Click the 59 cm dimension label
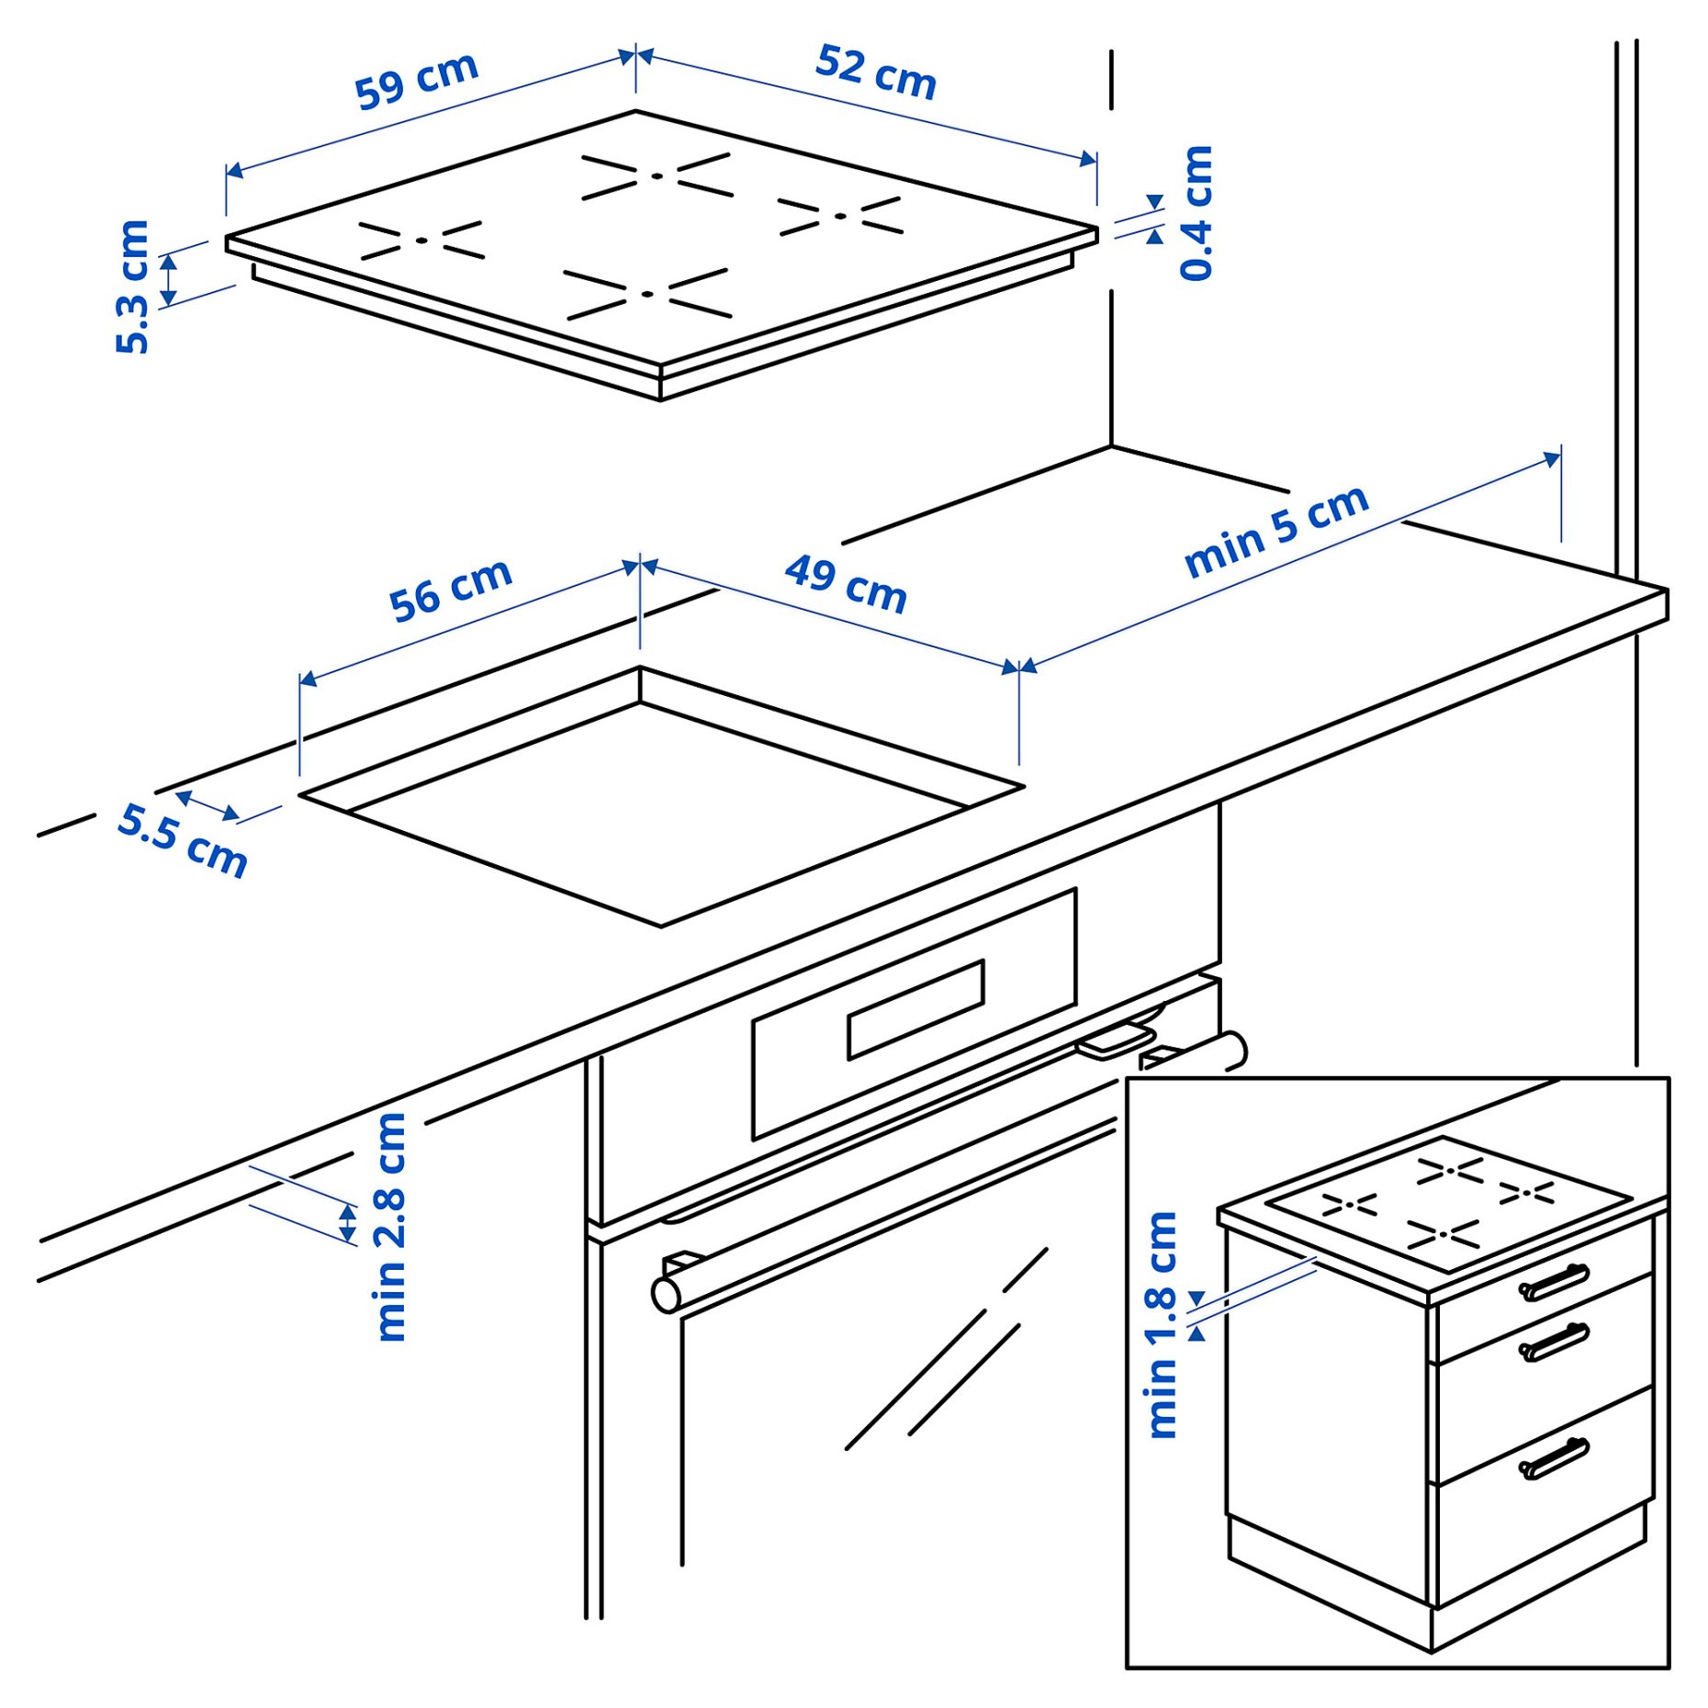[x=417, y=80]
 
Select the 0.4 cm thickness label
[x=1197, y=212]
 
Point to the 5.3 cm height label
[x=132, y=287]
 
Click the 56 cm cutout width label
[x=450, y=590]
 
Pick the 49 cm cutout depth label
[x=846, y=584]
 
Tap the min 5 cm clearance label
[x=1276, y=532]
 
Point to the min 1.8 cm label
[x=1162, y=1325]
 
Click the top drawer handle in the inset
[x=1553, y=1283]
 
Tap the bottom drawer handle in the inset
[x=1553, y=1459]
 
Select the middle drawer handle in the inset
[x=1553, y=1343]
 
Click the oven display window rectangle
[x=916, y=1009]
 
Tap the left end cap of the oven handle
[x=666, y=1295]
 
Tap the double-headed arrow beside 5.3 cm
[x=169, y=280]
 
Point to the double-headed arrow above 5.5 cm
[x=208, y=805]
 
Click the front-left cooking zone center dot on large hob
[x=421, y=241]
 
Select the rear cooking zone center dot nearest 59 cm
[x=657, y=175]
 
